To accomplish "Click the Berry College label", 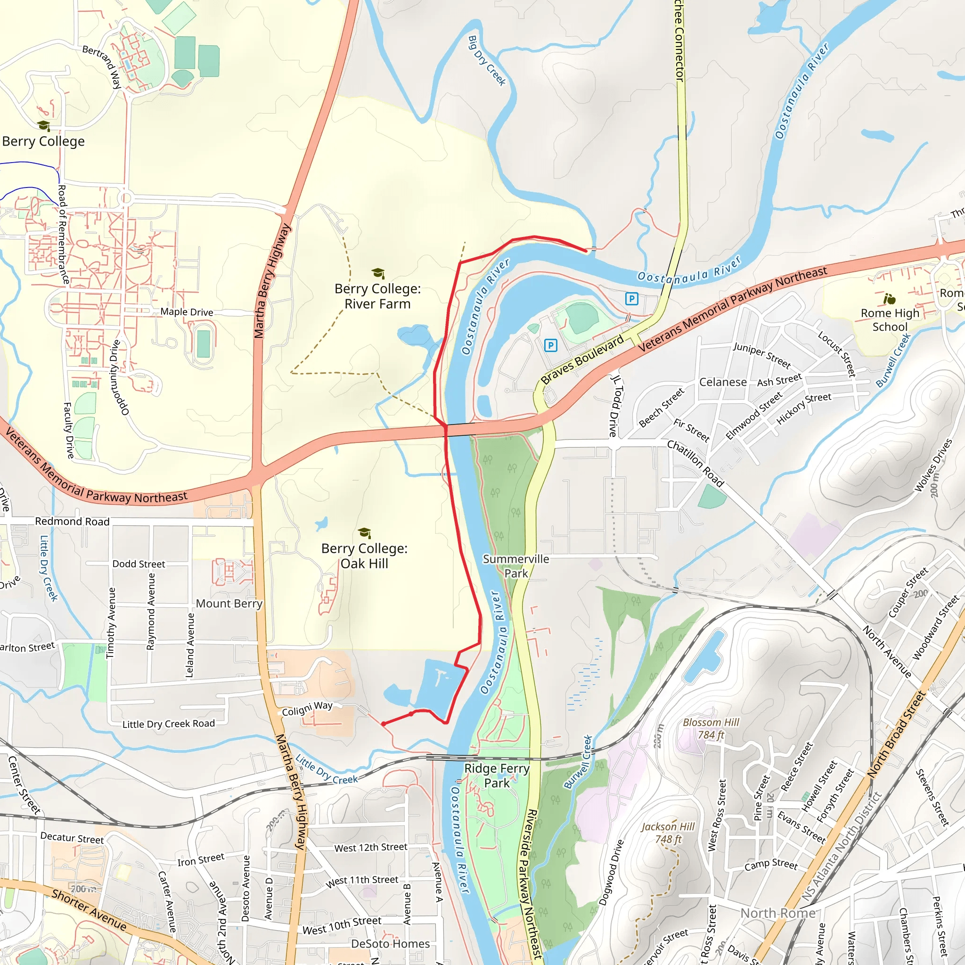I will [43, 141].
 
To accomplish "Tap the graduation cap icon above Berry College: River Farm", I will [378, 273].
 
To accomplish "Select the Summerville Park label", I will [515, 566].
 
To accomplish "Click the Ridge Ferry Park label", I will [497, 775].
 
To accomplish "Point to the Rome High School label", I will [890, 319].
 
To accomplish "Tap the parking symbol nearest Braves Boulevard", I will [550, 345].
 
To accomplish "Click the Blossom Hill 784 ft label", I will [711, 728].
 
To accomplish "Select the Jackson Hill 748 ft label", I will [668, 833].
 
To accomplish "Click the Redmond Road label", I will [72, 522].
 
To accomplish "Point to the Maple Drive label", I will [187, 312].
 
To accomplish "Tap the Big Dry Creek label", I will [487, 60].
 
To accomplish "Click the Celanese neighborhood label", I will [723, 382].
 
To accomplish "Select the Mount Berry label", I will [229, 604].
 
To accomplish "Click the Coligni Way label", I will [307, 708].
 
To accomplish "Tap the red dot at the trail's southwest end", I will [384, 724].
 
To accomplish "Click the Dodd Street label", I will [139, 564].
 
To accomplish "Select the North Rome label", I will [777, 913].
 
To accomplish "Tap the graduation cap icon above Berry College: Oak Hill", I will [365, 532].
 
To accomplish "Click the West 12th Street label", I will [371, 848].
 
